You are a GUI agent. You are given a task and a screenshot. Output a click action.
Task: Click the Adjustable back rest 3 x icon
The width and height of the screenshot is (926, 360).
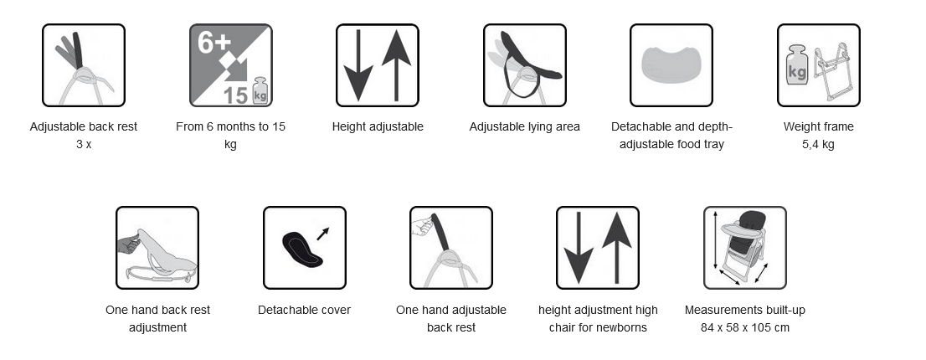83,65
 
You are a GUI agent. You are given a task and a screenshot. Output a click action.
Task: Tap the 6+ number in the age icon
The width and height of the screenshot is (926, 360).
213,43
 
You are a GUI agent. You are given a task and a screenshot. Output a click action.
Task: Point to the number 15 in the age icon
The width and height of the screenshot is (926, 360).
236,95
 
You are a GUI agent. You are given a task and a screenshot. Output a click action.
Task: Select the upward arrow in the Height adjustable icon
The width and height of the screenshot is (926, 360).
396,65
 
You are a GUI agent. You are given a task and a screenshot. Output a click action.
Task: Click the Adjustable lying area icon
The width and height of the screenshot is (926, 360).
524,65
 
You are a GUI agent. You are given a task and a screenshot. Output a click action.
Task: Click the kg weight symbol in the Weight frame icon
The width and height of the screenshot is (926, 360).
797,65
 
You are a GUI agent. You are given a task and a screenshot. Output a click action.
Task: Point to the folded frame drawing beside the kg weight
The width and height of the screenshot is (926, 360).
833,71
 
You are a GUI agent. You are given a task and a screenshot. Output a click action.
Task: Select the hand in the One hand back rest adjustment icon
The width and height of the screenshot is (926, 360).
129,243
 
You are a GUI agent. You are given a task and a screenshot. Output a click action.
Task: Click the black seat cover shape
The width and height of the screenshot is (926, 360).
301,249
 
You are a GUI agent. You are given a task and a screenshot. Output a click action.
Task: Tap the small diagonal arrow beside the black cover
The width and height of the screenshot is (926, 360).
323,234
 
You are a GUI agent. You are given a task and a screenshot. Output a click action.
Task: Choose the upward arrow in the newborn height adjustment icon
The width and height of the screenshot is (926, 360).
616,248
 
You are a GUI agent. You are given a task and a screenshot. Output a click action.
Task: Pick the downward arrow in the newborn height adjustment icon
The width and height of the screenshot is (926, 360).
579,248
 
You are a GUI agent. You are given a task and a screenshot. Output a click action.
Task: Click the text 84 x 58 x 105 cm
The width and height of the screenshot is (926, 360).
744,327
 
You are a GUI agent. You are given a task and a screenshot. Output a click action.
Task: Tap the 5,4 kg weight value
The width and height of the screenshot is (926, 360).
818,145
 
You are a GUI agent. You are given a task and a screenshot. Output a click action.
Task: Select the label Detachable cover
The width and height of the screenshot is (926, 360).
304,310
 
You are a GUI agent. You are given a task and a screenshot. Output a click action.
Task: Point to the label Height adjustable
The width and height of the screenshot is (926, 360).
378,127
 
